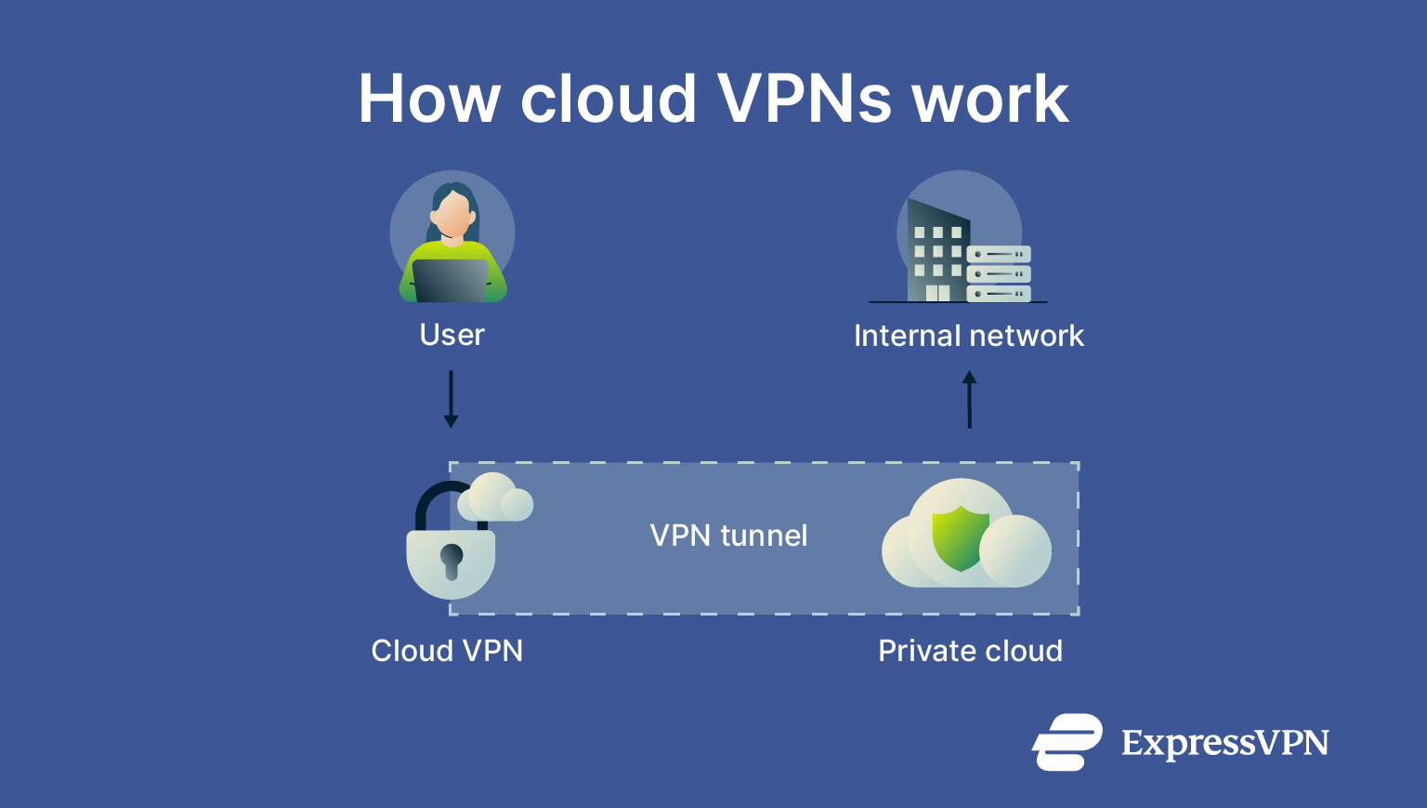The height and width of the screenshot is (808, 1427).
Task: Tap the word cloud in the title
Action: click(x=609, y=99)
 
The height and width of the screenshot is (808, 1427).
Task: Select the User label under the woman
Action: click(x=452, y=335)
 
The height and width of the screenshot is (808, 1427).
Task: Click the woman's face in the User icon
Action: click(x=452, y=215)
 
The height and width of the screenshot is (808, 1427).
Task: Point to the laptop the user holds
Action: click(x=451, y=280)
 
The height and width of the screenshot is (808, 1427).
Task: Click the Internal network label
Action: click(x=968, y=336)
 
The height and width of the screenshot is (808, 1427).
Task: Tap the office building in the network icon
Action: click(x=936, y=251)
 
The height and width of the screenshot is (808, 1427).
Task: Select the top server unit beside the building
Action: click(x=999, y=254)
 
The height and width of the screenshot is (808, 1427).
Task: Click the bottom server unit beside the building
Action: click(x=999, y=294)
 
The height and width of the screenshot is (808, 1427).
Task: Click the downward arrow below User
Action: click(x=451, y=399)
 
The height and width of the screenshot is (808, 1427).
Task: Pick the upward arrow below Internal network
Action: click(x=969, y=399)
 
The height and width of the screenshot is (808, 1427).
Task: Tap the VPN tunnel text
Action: click(x=728, y=536)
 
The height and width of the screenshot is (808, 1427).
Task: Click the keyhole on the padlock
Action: click(x=452, y=560)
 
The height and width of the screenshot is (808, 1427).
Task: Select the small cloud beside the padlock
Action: click(x=496, y=497)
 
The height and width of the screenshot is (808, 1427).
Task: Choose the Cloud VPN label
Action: click(x=447, y=651)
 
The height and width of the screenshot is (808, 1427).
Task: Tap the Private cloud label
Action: click(x=970, y=651)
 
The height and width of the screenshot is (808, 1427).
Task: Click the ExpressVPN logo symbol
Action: click(x=1067, y=742)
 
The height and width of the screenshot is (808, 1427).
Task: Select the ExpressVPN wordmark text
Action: click(x=1224, y=743)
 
